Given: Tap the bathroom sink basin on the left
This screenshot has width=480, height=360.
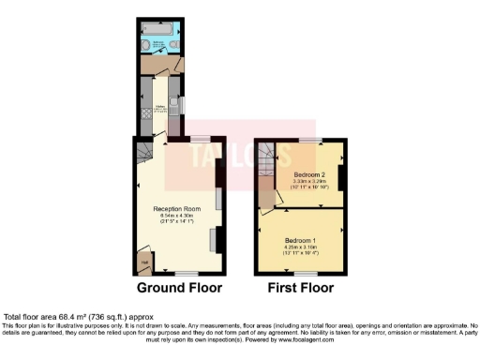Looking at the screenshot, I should coord(144,45).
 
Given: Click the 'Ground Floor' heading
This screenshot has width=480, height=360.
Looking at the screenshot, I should coord(178,287).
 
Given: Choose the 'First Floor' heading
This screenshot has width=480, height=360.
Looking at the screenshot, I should coord(302,287).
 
